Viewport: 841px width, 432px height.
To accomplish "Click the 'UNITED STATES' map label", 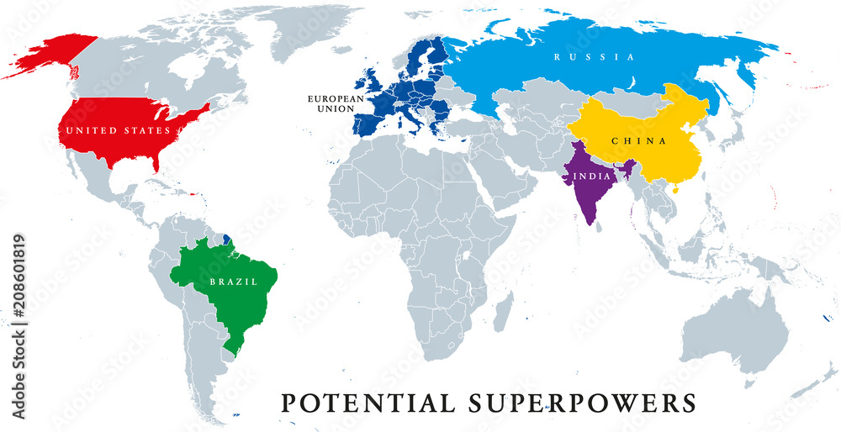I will [119, 131].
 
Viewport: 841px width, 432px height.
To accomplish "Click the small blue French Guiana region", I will [227, 241].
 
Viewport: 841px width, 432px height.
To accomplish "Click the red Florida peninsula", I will [156, 161].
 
